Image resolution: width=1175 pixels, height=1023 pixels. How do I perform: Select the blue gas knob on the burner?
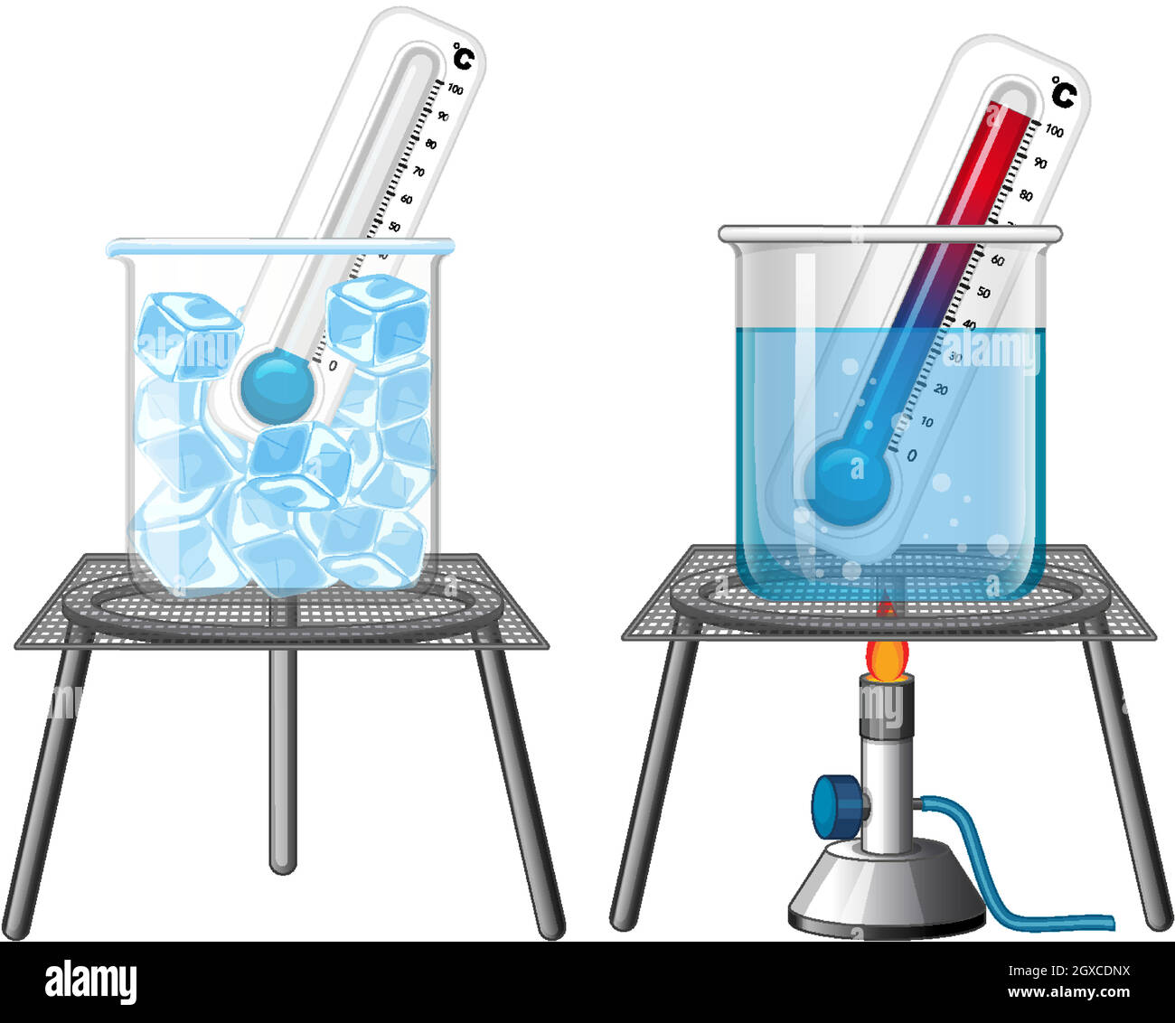pyautogui.click(x=832, y=805)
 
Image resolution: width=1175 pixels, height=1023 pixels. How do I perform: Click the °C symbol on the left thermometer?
pyautogui.click(x=463, y=56)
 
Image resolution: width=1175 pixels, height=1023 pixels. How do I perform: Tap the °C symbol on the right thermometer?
pyautogui.click(x=1064, y=93)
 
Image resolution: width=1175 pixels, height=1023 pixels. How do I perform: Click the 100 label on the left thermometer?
pyautogui.click(x=456, y=89)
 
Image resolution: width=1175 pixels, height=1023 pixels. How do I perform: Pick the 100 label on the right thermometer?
pyautogui.click(x=1054, y=131)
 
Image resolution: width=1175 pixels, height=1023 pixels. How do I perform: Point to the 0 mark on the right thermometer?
pyautogui.click(x=911, y=455)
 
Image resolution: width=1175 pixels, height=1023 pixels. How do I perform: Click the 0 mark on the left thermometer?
pyautogui.click(x=333, y=365)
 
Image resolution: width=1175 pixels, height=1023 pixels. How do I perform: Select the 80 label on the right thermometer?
pyautogui.click(x=1026, y=195)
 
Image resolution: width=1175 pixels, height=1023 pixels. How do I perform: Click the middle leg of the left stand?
pyautogui.click(x=283, y=759)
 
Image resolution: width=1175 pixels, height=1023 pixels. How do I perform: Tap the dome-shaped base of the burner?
pyautogui.click(x=886, y=890)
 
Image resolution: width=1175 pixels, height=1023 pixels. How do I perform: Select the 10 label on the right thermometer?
pyautogui.click(x=926, y=422)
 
